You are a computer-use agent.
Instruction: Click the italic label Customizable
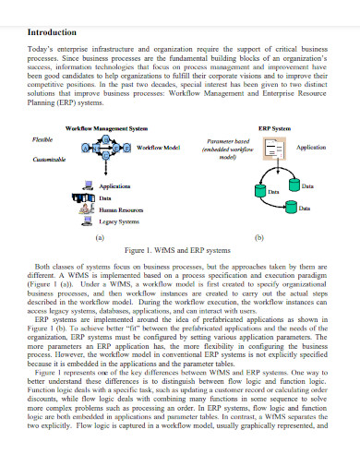tap(51, 159)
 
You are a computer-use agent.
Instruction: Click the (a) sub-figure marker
tap(100, 236)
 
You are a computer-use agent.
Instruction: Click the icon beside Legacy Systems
tap(87, 221)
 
